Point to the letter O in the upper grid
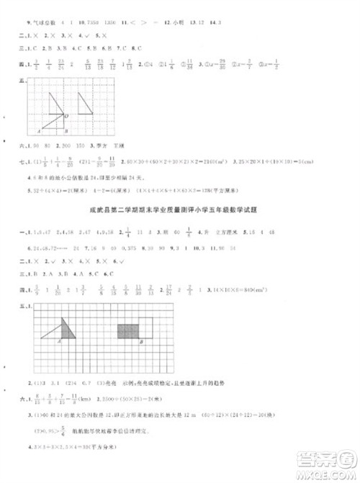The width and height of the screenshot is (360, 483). coord(67,115)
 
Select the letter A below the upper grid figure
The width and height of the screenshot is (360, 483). coord(40,132)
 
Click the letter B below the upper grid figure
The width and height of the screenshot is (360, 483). coord(66,132)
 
